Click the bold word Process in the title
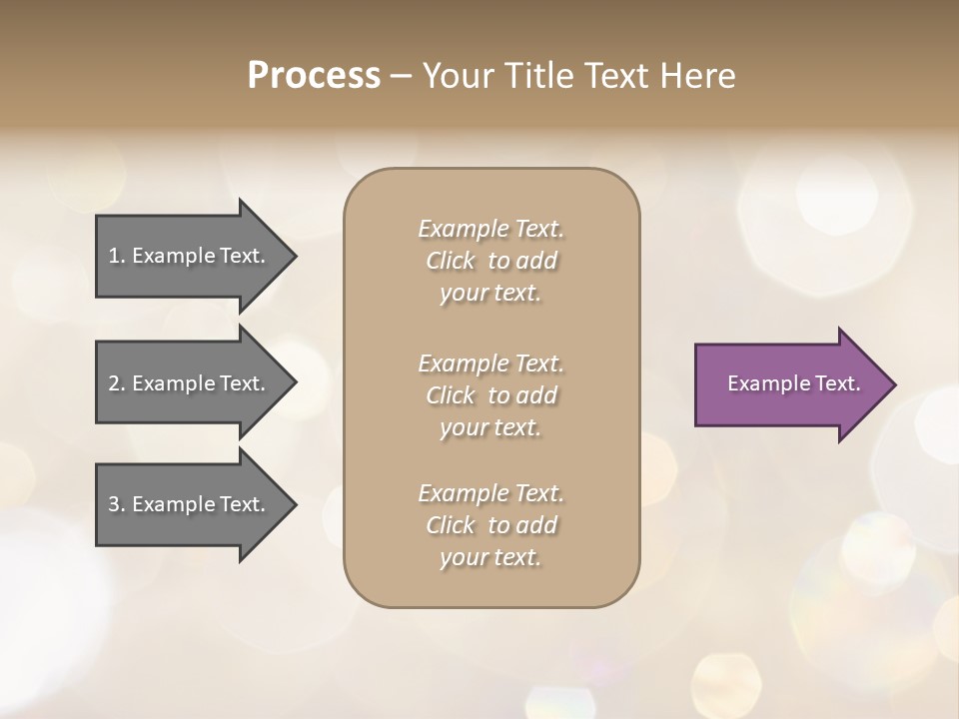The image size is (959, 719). tap(314, 76)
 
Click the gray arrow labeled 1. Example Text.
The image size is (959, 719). tap(190, 256)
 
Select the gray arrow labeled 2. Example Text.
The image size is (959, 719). tap(190, 383)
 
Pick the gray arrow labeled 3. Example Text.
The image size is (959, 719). tap(190, 504)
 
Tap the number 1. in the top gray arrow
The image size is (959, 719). tap(117, 256)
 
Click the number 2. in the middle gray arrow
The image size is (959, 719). tap(117, 383)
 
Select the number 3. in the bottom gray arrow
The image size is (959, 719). tap(117, 504)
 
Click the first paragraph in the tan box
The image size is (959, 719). tap(490, 261)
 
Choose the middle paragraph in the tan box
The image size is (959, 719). tap(490, 395)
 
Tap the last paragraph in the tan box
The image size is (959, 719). tap(490, 525)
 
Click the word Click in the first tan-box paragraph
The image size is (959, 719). tap(451, 262)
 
